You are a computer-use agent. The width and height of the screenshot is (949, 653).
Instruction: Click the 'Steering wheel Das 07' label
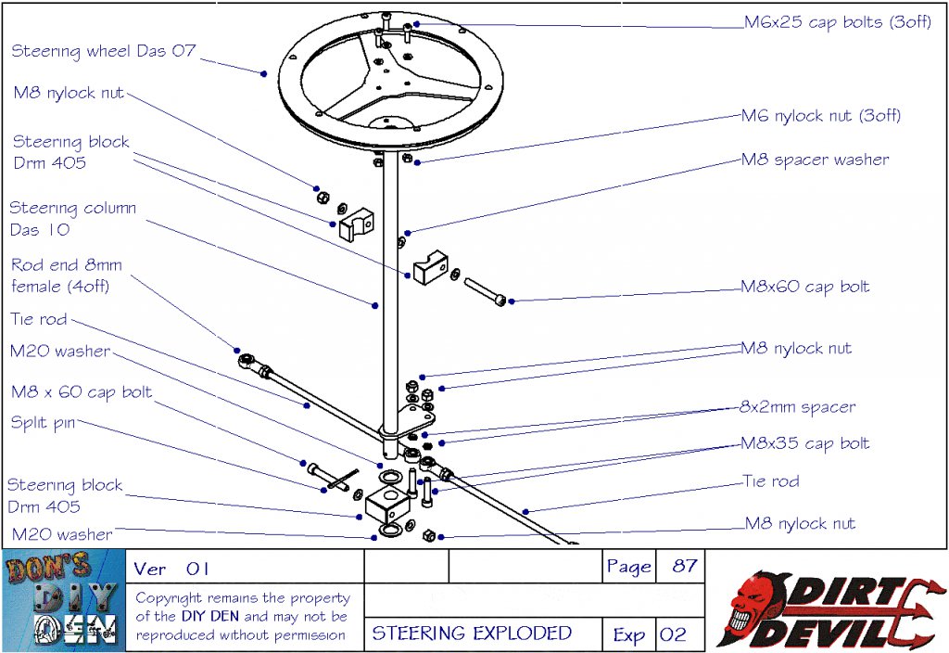pyautogui.click(x=104, y=51)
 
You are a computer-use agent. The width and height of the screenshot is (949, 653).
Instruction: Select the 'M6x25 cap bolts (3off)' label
pyautogui.click(x=827, y=22)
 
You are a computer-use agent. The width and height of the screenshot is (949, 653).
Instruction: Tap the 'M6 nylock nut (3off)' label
pyautogui.click(x=820, y=116)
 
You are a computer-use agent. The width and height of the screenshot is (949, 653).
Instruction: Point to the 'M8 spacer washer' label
pyautogui.click(x=815, y=160)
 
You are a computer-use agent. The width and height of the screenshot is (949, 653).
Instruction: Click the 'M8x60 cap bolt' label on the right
pyautogui.click(x=804, y=287)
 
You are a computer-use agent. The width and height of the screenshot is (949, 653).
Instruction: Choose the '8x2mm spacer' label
pyautogui.click(x=797, y=407)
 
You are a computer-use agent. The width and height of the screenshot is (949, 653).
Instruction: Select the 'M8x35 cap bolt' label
pyautogui.click(x=804, y=443)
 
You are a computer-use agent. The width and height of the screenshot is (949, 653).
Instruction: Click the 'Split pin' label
pyautogui.click(x=43, y=423)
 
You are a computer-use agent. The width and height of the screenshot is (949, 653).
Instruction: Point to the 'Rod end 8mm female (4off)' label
pyautogui.click(x=66, y=275)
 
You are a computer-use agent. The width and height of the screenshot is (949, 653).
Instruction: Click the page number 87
pyautogui.click(x=684, y=567)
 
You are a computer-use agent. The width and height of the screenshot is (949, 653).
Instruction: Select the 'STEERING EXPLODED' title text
pyautogui.click(x=472, y=634)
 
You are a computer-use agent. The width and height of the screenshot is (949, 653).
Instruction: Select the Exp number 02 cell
pyautogui.click(x=673, y=634)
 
